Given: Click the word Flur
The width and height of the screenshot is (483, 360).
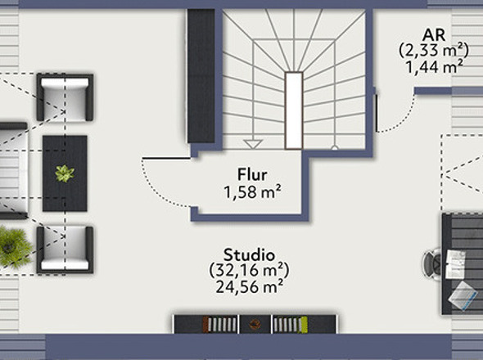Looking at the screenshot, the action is (x=252, y=175).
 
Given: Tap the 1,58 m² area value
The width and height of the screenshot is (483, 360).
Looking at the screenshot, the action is (x=252, y=192).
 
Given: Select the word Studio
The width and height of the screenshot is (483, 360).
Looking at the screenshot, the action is (x=249, y=255).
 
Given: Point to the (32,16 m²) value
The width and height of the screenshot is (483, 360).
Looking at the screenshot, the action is (x=249, y=271).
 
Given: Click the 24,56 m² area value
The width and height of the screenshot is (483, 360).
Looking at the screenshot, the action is (x=249, y=287).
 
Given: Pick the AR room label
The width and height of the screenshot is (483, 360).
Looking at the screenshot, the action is (x=434, y=35).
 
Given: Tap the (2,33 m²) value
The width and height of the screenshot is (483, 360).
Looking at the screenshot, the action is (x=434, y=50).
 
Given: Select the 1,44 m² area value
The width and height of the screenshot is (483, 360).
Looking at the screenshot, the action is (x=434, y=67).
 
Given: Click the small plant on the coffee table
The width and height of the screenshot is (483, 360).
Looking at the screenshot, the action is (x=65, y=173).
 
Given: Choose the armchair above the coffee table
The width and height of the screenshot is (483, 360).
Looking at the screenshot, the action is (x=65, y=97).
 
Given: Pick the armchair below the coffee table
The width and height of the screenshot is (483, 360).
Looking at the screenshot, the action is (x=65, y=250).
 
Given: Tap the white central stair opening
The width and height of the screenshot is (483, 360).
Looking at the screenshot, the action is (x=294, y=110).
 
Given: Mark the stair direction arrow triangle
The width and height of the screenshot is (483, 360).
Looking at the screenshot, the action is (x=253, y=144).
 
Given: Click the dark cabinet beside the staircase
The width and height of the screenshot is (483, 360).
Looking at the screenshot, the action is (x=201, y=76).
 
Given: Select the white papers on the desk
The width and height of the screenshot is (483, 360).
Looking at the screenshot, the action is (x=455, y=264).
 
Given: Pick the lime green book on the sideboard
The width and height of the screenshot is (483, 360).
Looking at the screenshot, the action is (x=305, y=325).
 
